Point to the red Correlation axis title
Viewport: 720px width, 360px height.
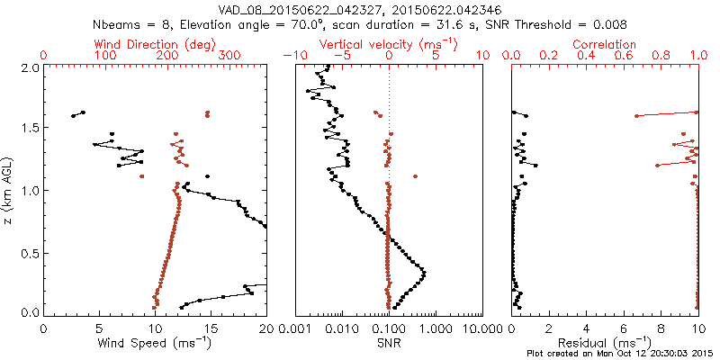point(605,44)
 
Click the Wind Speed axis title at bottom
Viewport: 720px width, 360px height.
point(155,343)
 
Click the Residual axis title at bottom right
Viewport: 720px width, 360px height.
point(605,343)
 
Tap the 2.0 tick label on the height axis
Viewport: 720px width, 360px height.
point(29,67)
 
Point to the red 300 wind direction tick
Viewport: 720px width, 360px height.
point(229,56)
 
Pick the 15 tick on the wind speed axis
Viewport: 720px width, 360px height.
point(211,328)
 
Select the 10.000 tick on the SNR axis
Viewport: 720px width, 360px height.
point(480,328)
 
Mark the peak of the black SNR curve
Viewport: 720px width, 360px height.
point(424,272)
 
